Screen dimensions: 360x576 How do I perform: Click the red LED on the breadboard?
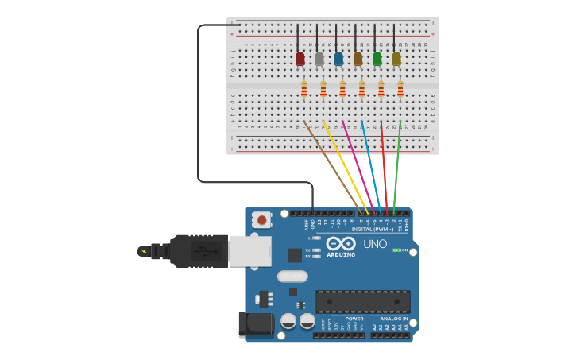click(300, 59)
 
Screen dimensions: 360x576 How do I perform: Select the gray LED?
click(319, 59)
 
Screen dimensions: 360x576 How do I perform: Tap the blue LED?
click(338, 59)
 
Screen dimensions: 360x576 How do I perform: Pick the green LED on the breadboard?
click(377, 59)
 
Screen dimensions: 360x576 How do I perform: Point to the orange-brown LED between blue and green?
click(358, 59)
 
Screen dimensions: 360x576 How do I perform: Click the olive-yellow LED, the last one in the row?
click(396, 59)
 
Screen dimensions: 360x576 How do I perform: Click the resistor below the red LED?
click(303, 89)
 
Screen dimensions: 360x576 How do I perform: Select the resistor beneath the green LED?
click(381, 89)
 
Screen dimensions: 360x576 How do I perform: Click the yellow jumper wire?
click(346, 167)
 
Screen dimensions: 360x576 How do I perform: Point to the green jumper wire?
click(396, 167)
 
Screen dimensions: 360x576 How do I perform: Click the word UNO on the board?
click(375, 244)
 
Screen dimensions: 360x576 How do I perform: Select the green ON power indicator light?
click(396, 250)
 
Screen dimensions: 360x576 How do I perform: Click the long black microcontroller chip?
click(363, 301)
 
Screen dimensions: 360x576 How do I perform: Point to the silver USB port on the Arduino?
click(249, 250)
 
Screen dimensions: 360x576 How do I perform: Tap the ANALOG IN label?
click(394, 319)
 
